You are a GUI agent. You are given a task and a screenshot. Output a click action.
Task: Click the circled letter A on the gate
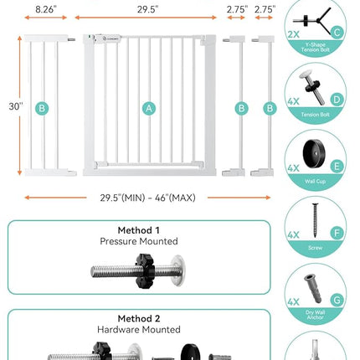[149, 107]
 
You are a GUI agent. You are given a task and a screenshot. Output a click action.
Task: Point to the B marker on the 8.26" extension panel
[42, 107]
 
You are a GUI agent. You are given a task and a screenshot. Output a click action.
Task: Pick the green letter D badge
[337, 99]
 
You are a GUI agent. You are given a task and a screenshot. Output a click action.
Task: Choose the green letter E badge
[337, 165]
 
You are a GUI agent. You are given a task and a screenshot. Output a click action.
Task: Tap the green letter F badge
[337, 234]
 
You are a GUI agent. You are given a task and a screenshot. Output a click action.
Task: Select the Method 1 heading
[139, 229]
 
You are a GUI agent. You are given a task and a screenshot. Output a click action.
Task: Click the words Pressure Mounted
[139, 241]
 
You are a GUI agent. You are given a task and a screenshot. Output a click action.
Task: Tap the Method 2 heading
[139, 318]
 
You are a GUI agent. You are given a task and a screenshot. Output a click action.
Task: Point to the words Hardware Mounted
[139, 330]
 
